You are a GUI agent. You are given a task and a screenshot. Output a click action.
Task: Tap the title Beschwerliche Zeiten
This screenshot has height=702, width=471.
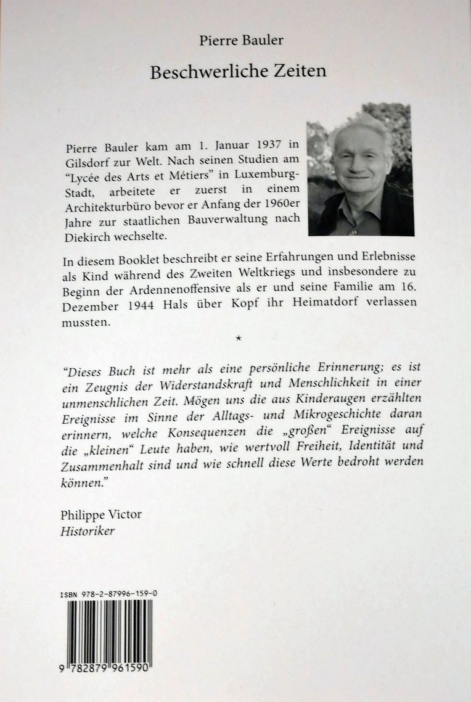238,72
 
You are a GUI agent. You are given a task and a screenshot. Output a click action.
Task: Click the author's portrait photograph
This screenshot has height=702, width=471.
360,169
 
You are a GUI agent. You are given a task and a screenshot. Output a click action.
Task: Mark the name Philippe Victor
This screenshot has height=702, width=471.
101,514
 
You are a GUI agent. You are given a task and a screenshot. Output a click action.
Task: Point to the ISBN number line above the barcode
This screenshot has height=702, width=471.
109,593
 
